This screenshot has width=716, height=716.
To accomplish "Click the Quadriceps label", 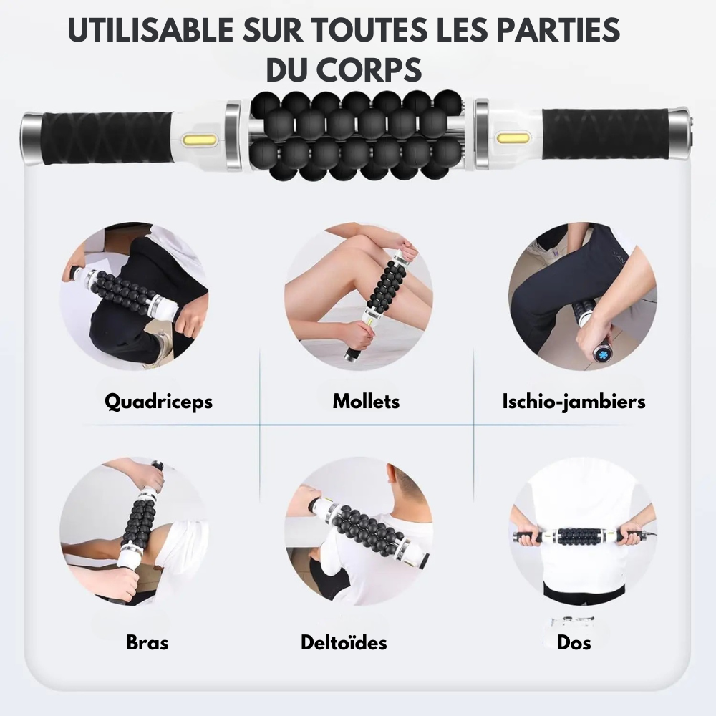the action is (158, 402).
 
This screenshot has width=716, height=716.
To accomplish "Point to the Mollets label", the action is (366, 402).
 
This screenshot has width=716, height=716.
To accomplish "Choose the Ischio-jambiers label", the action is (574, 402).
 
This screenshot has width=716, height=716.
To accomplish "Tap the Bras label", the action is (147, 642).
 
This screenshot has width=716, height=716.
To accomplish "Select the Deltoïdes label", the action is (344, 642).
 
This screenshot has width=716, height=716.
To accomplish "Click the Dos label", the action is (574, 642).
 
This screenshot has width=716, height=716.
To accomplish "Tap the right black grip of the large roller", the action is (606, 134).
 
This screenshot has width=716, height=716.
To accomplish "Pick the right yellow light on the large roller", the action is (513, 137).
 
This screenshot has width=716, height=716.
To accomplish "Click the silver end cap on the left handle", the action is (32, 139).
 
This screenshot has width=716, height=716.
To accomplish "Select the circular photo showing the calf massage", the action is (359, 296).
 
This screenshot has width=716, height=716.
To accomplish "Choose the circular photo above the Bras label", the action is (134, 531).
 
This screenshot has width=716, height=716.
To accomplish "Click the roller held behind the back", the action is (585, 536).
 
